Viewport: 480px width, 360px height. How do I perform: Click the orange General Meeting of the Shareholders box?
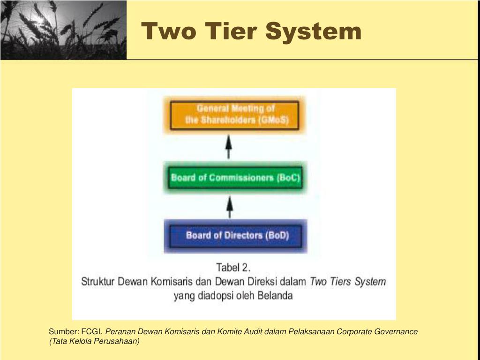235,115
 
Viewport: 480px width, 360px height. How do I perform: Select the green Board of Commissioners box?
235,178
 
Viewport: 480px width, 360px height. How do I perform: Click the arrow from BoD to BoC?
229,206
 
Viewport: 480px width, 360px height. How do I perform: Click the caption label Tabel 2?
233,268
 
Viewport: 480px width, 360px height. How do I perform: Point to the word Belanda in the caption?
275,296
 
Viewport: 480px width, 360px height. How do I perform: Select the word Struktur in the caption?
98,282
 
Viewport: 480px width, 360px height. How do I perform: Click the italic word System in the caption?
369,282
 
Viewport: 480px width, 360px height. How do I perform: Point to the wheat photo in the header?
63,30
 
